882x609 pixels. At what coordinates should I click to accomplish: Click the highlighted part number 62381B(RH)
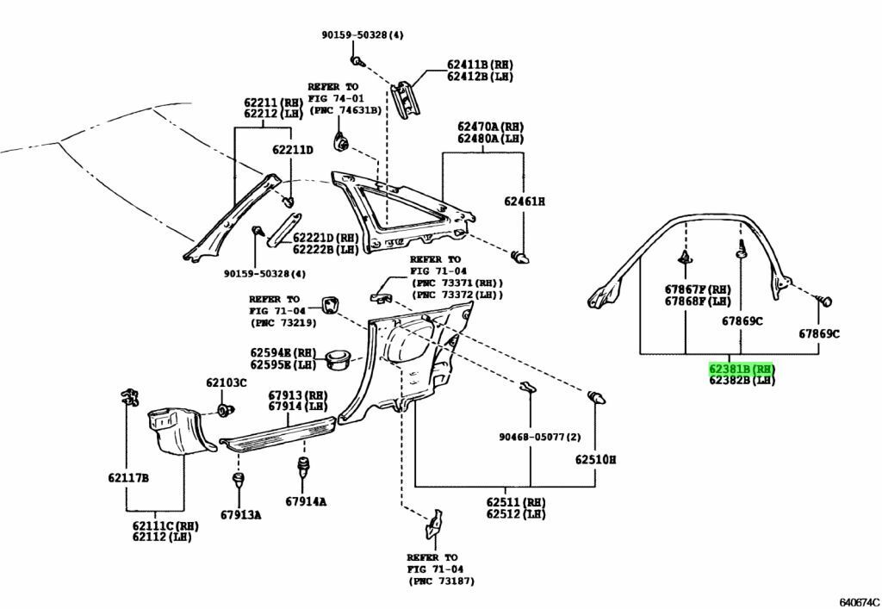point(742,369)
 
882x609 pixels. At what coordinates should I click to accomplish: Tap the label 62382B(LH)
point(742,380)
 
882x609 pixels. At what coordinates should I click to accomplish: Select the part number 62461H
point(525,202)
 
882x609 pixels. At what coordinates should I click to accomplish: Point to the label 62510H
point(595,460)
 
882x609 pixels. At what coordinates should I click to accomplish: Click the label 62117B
point(128,477)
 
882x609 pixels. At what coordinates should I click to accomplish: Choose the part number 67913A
point(239,515)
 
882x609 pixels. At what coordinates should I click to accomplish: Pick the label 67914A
point(306,501)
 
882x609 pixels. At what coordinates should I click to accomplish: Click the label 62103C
point(226,382)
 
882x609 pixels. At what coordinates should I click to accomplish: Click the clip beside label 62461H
point(519,257)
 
